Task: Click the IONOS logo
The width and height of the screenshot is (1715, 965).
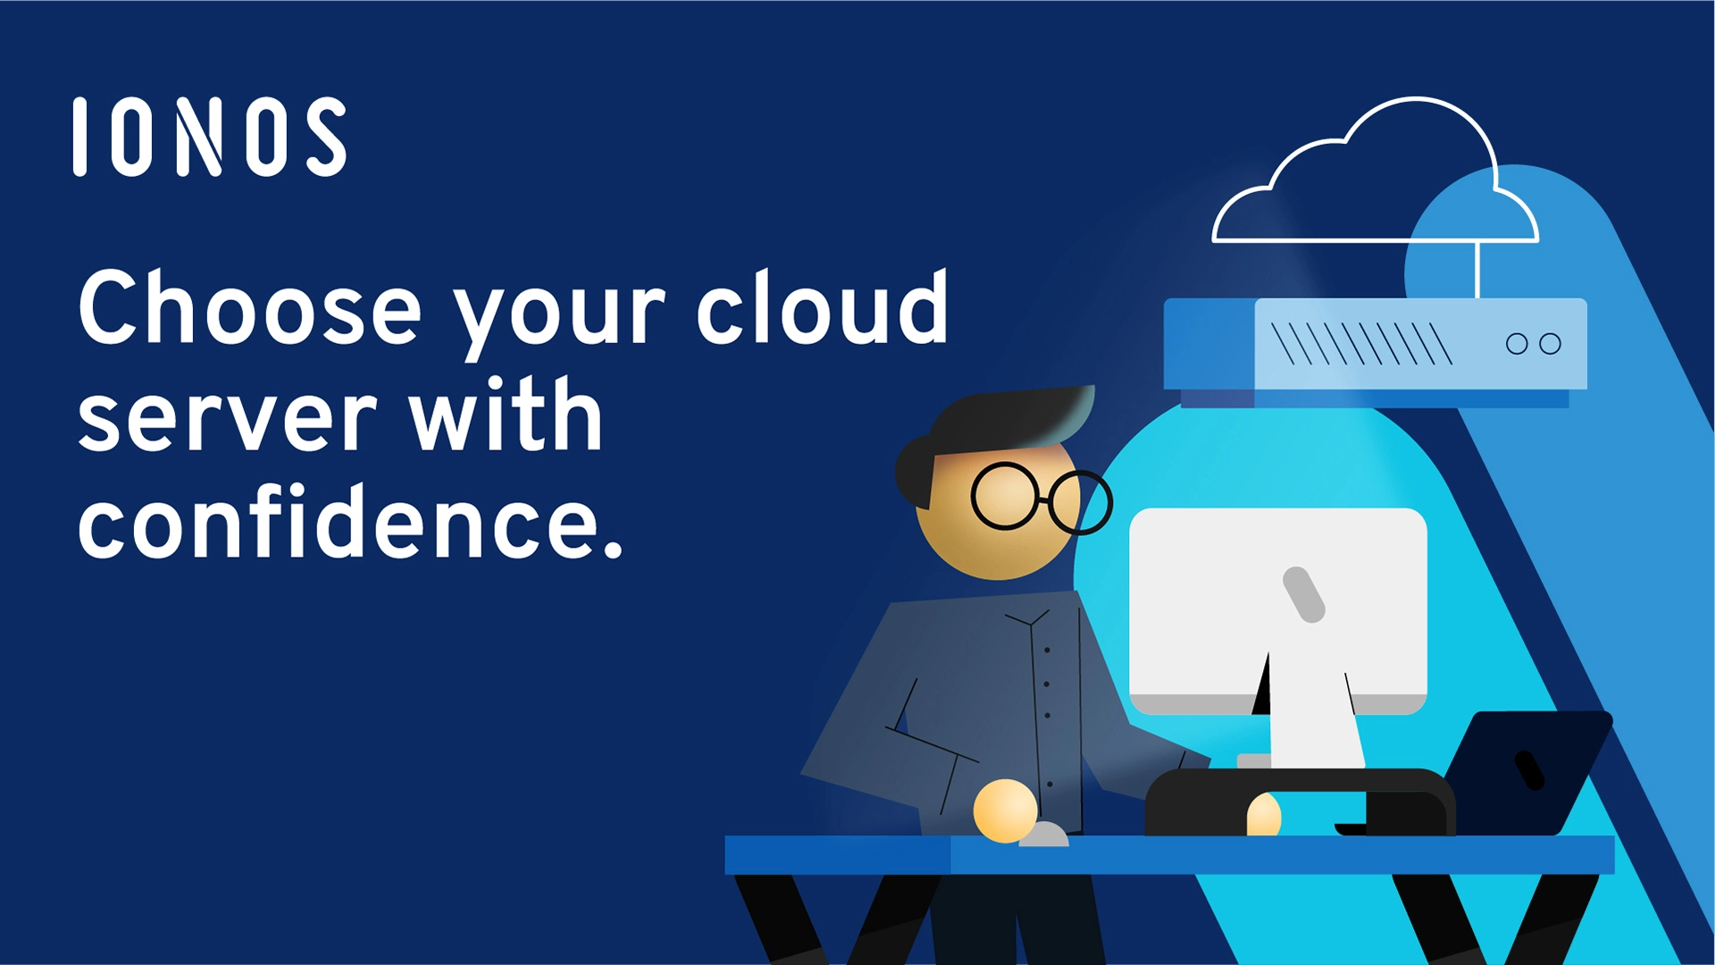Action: coord(210,137)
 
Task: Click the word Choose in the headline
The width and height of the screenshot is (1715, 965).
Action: coord(250,308)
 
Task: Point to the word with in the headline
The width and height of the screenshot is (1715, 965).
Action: coord(506,413)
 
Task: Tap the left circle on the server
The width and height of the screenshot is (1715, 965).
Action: coord(1517,344)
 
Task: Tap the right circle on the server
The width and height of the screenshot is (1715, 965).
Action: coord(1551,344)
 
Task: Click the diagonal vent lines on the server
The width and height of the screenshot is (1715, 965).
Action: coord(1362,344)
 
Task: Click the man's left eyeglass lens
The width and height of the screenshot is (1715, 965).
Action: coord(1005,496)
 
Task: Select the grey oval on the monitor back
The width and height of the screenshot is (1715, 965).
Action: coord(1303,594)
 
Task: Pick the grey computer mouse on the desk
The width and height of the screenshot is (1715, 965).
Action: coord(1043,835)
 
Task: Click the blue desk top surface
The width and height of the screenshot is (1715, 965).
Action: coord(1169,855)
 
